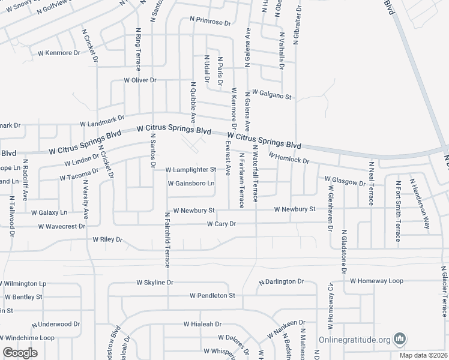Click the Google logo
pyautogui.click(x=20, y=353)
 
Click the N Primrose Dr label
pyautogui.click(x=210, y=20)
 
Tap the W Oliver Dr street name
pyautogui.click(x=140, y=80)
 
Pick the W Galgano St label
pyautogui.click(x=271, y=94)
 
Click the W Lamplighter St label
pyautogui.click(x=190, y=170)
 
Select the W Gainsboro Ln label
pyautogui.click(x=191, y=184)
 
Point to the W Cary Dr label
pyautogui.click(x=222, y=224)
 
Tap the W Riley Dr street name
pyautogui.click(x=107, y=239)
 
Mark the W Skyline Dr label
pyautogui.click(x=155, y=282)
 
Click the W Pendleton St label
pyautogui.click(x=212, y=296)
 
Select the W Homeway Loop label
pyautogui.click(x=377, y=280)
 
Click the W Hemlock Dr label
pyautogui.click(x=289, y=159)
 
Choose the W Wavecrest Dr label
pyautogui.click(x=61, y=227)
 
